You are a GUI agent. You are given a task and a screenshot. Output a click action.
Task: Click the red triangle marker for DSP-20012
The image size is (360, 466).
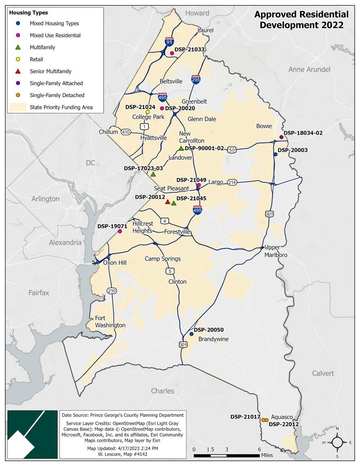168,202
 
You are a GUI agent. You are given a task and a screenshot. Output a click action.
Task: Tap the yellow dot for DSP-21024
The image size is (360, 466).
148,112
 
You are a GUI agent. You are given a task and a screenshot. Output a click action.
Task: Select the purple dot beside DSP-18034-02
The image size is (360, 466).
281,137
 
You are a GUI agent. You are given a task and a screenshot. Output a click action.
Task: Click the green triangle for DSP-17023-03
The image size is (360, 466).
153,174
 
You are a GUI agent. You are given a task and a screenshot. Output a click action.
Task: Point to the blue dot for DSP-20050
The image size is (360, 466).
191,334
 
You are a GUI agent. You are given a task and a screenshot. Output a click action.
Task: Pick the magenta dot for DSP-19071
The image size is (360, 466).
120,231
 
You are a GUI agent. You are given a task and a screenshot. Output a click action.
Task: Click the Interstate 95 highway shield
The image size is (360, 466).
169,42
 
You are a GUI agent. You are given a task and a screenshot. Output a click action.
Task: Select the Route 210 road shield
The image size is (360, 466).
111,291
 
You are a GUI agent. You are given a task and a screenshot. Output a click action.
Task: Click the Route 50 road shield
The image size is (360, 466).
232,150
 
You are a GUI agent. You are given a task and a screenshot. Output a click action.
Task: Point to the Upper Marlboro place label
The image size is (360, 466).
272,251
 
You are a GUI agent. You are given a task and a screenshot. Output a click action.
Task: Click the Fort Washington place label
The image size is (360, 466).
110,322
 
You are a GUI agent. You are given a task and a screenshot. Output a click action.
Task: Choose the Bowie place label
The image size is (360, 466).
264,126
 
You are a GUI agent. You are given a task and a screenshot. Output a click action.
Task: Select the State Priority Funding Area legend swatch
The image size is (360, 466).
18,107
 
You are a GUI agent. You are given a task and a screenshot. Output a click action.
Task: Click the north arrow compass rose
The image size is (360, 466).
337,442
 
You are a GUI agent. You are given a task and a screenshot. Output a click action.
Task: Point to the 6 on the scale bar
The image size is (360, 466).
259,449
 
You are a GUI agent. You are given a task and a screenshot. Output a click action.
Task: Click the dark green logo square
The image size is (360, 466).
33,434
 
